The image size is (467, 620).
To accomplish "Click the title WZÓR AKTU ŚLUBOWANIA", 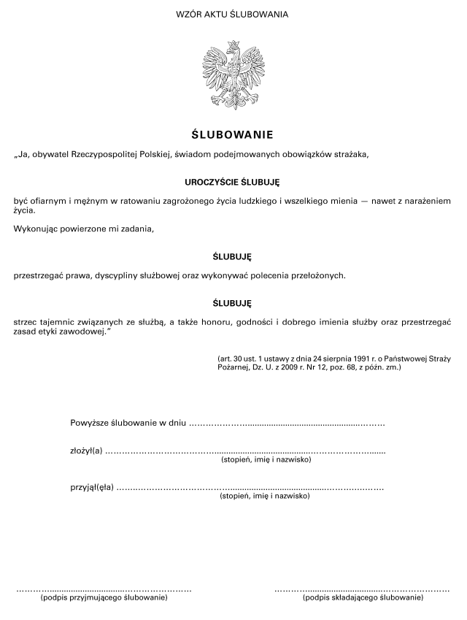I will click(x=233, y=14).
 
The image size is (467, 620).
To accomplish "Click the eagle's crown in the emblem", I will click(x=233, y=45).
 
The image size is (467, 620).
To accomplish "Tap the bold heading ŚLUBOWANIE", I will click(x=233, y=134).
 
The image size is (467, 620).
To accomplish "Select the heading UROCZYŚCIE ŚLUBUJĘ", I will click(x=233, y=180).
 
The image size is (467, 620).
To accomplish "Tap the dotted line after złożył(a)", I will click(x=245, y=453).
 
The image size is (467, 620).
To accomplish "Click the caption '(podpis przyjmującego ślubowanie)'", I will click(x=104, y=598).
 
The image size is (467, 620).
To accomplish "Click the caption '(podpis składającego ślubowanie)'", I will click(x=363, y=598).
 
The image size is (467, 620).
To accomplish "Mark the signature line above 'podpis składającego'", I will click(x=362, y=589).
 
